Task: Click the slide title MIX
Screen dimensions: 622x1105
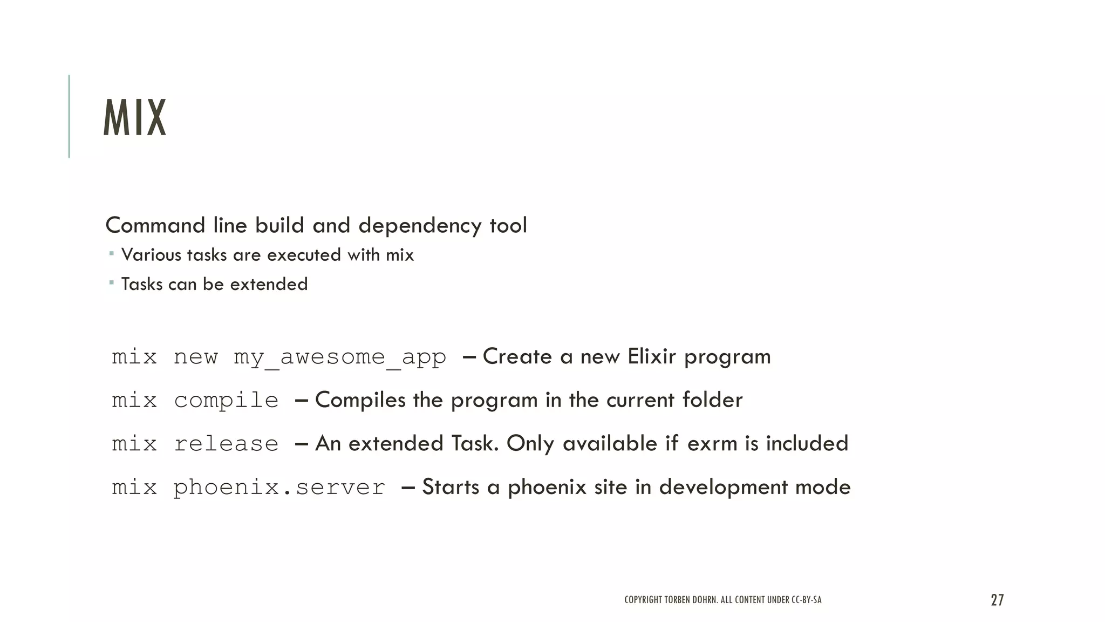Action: click(134, 118)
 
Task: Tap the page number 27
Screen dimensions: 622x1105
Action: click(997, 600)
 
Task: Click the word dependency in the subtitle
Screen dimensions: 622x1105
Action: click(420, 226)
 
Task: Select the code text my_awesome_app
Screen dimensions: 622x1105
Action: click(340, 357)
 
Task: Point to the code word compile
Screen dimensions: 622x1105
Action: click(226, 401)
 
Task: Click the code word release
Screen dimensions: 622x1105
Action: click(226, 444)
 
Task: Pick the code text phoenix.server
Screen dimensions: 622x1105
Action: click(279, 488)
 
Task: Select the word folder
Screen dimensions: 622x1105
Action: click(712, 400)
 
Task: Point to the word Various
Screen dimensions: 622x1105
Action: click(151, 255)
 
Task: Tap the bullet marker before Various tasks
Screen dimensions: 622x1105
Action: click(111, 253)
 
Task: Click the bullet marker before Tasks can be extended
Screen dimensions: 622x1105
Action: click(111, 282)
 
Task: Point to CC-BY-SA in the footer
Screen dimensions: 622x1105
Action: click(806, 600)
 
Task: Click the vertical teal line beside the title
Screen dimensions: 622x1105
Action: click(69, 116)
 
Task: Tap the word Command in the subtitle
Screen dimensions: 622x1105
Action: click(155, 226)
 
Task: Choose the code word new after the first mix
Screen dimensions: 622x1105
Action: click(195, 357)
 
